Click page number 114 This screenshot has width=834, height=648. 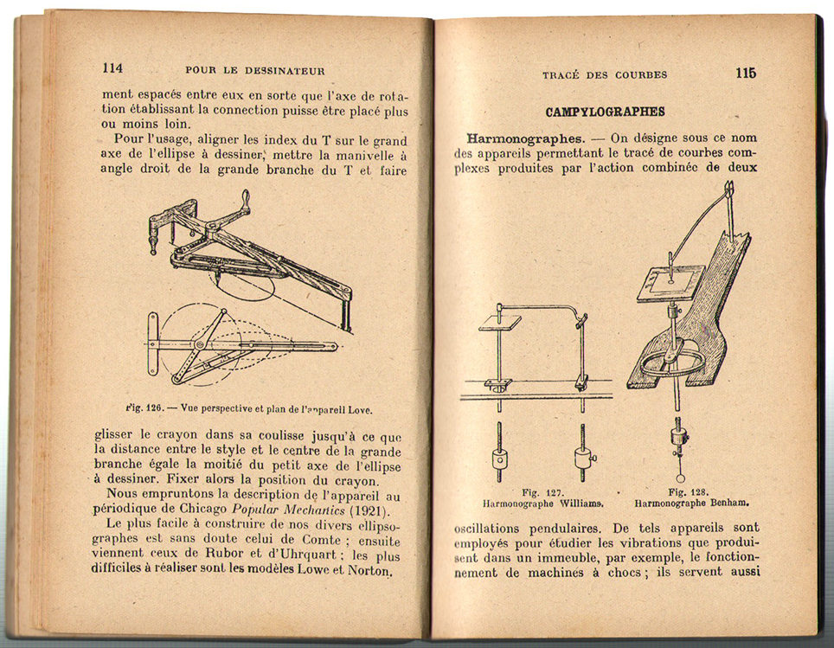pos(112,69)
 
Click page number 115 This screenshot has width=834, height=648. pos(746,74)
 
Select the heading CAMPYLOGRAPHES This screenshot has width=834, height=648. pos(605,112)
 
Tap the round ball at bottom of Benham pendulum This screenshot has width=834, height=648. pos(680,477)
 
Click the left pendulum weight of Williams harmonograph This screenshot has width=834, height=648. pos(499,458)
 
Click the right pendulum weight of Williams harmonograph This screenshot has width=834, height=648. pos(582,458)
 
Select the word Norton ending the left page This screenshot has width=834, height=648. pos(369,572)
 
